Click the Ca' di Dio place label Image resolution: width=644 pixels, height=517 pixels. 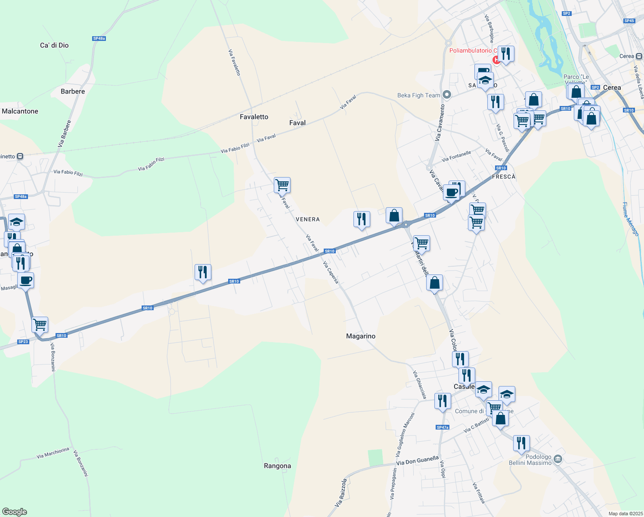54,45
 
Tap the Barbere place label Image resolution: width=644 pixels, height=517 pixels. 73,91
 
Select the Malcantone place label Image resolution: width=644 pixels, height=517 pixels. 20,111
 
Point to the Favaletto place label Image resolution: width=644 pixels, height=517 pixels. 254,117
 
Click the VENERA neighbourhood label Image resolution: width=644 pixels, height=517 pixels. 308,219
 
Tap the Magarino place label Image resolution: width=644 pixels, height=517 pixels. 361,336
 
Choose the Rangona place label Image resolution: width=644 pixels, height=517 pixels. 277,466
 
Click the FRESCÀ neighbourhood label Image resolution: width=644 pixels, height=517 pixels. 503,177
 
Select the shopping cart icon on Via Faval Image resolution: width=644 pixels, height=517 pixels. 282,185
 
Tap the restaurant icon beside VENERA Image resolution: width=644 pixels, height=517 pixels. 362,219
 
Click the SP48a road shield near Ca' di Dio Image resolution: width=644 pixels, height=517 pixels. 99,39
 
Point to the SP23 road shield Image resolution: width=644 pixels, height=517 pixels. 23,342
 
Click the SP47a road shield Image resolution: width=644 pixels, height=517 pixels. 443,427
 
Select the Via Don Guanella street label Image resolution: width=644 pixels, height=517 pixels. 417,461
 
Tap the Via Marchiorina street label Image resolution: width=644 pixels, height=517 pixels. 53,453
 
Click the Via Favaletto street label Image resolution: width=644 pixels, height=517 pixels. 234,62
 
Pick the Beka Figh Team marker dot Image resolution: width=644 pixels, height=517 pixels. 447,95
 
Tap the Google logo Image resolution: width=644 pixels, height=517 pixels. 15,512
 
